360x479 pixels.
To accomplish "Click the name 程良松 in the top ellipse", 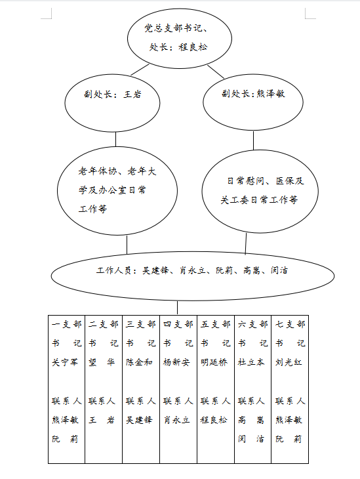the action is [193, 47].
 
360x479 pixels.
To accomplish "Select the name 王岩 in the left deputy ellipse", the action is [132, 94].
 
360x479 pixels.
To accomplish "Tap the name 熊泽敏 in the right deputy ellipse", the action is [271, 93].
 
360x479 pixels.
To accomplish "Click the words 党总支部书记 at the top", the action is [173, 28].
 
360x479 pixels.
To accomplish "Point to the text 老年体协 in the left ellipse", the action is [98, 171].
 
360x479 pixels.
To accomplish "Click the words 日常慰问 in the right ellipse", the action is [246, 181].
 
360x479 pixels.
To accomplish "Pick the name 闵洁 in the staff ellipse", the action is [279, 270].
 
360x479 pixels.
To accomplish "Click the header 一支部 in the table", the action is [67, 324].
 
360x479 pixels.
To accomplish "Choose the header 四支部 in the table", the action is [178, 324].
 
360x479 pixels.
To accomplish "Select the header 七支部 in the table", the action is [290, 324].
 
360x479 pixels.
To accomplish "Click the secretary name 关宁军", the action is [65, 362].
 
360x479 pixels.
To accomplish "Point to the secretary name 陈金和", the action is [139, 362].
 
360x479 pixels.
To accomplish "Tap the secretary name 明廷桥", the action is [214, 362].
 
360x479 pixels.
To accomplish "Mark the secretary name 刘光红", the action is [289, 362].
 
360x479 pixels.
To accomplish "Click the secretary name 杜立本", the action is [251, 362].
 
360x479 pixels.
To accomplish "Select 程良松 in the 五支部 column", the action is [214, 420].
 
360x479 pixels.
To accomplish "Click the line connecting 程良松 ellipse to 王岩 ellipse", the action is [140, 70].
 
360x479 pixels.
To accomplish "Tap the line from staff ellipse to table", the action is [178, 308].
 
